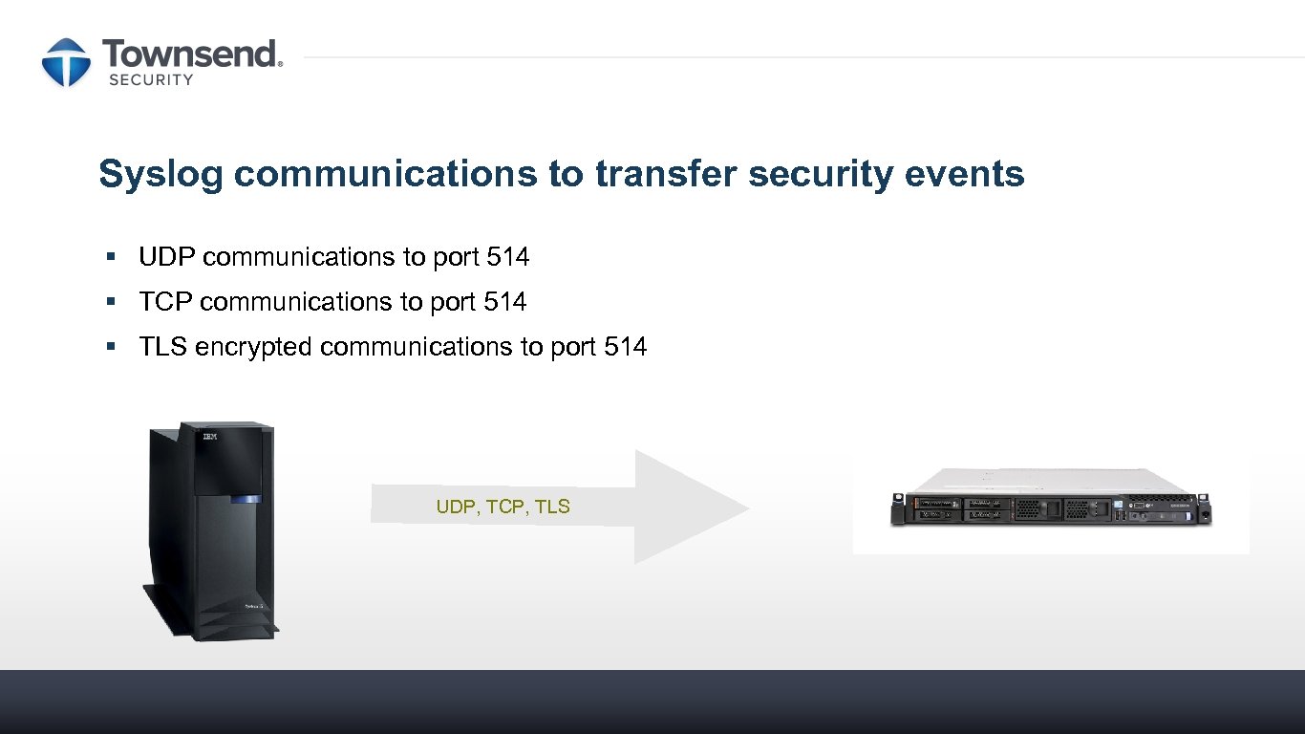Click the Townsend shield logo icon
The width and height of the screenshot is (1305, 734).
66,62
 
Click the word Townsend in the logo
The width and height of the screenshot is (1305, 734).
192,54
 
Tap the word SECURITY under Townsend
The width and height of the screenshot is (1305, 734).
151,80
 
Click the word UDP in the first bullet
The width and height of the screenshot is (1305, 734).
168,257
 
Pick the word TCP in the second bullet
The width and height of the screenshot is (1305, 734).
167,302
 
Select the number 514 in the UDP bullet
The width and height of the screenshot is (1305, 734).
508,257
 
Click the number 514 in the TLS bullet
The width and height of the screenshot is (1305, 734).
626,347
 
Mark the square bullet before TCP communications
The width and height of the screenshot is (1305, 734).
112,301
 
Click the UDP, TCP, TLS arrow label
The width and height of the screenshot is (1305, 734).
503,507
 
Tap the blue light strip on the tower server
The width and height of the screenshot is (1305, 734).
246,498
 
